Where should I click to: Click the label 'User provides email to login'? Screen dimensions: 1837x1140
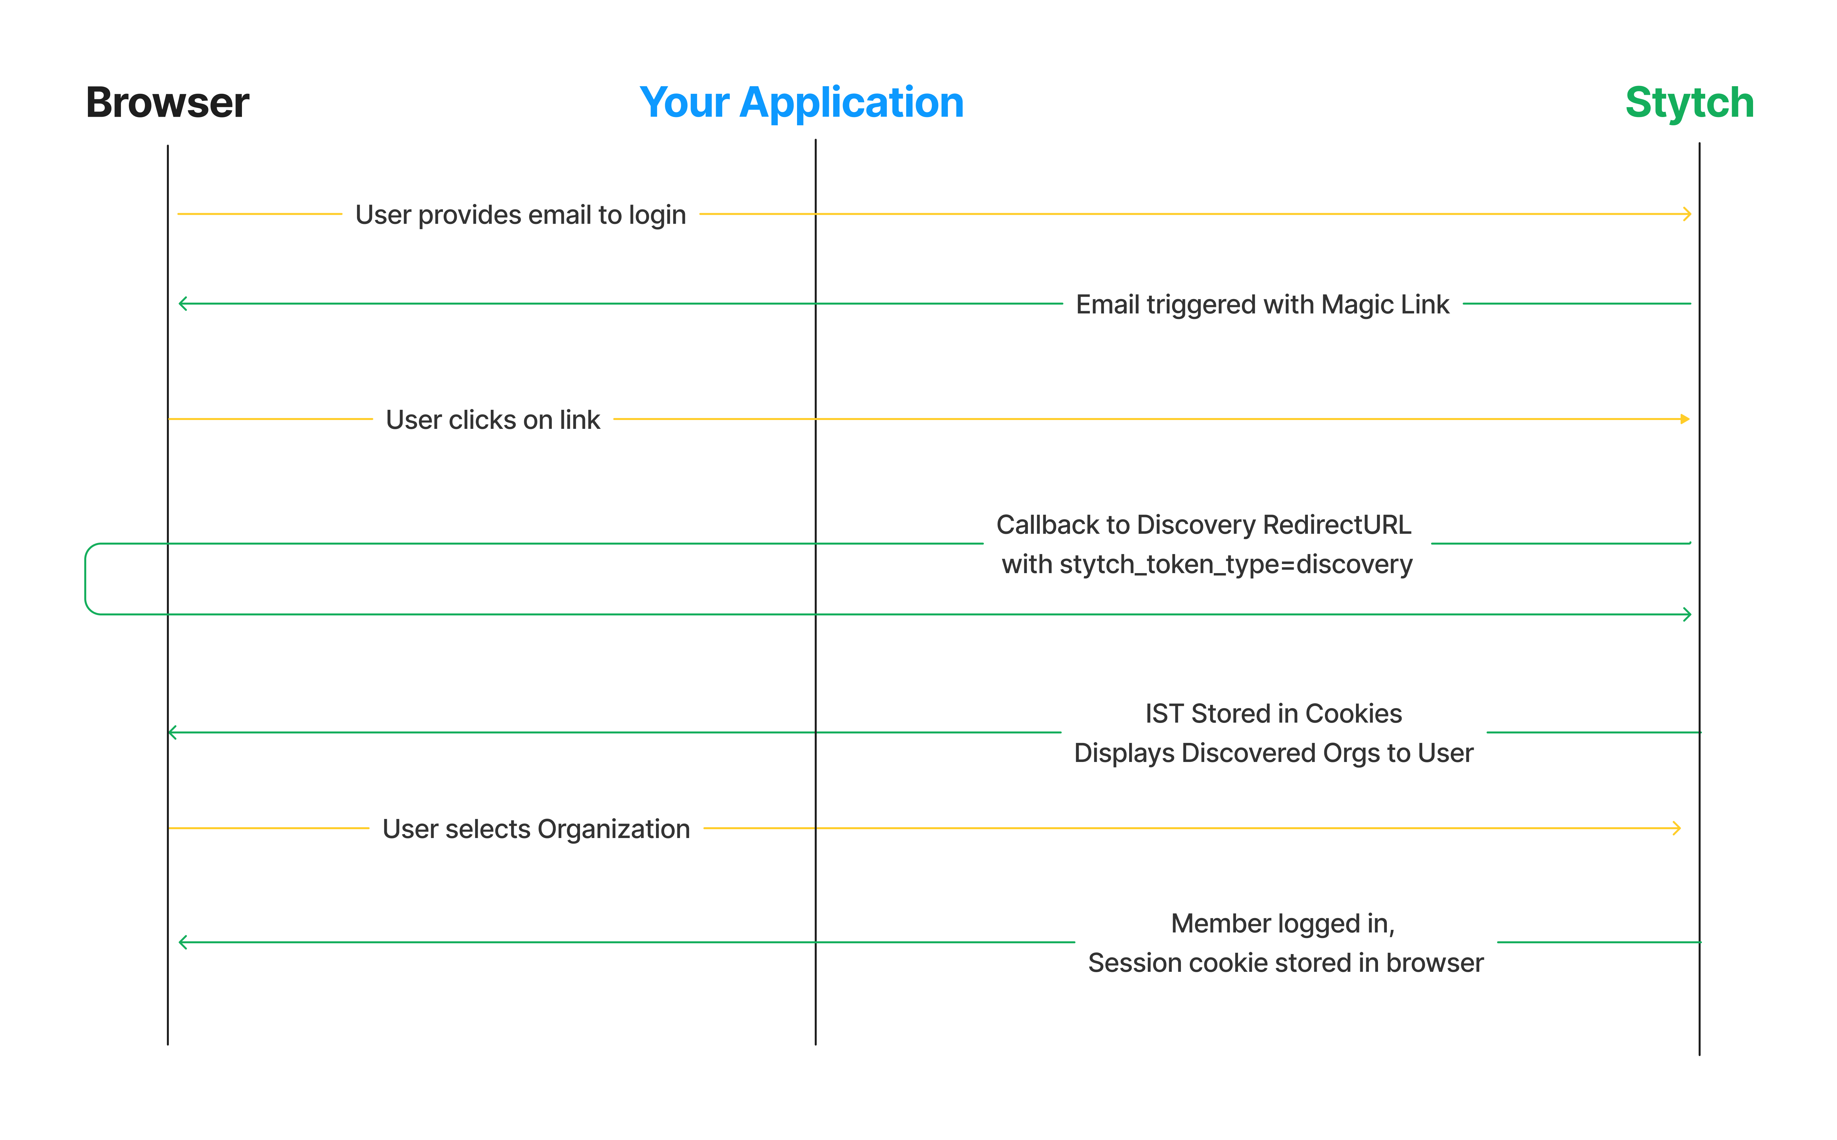tap(520, 215)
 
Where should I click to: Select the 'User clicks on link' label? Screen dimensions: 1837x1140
tap(493, 419)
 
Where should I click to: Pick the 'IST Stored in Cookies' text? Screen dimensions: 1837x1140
tap(1273, 713)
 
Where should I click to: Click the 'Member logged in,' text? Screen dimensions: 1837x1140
tap(1282, 924)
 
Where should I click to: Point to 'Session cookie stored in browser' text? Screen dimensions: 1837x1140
tap(1285, 963)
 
